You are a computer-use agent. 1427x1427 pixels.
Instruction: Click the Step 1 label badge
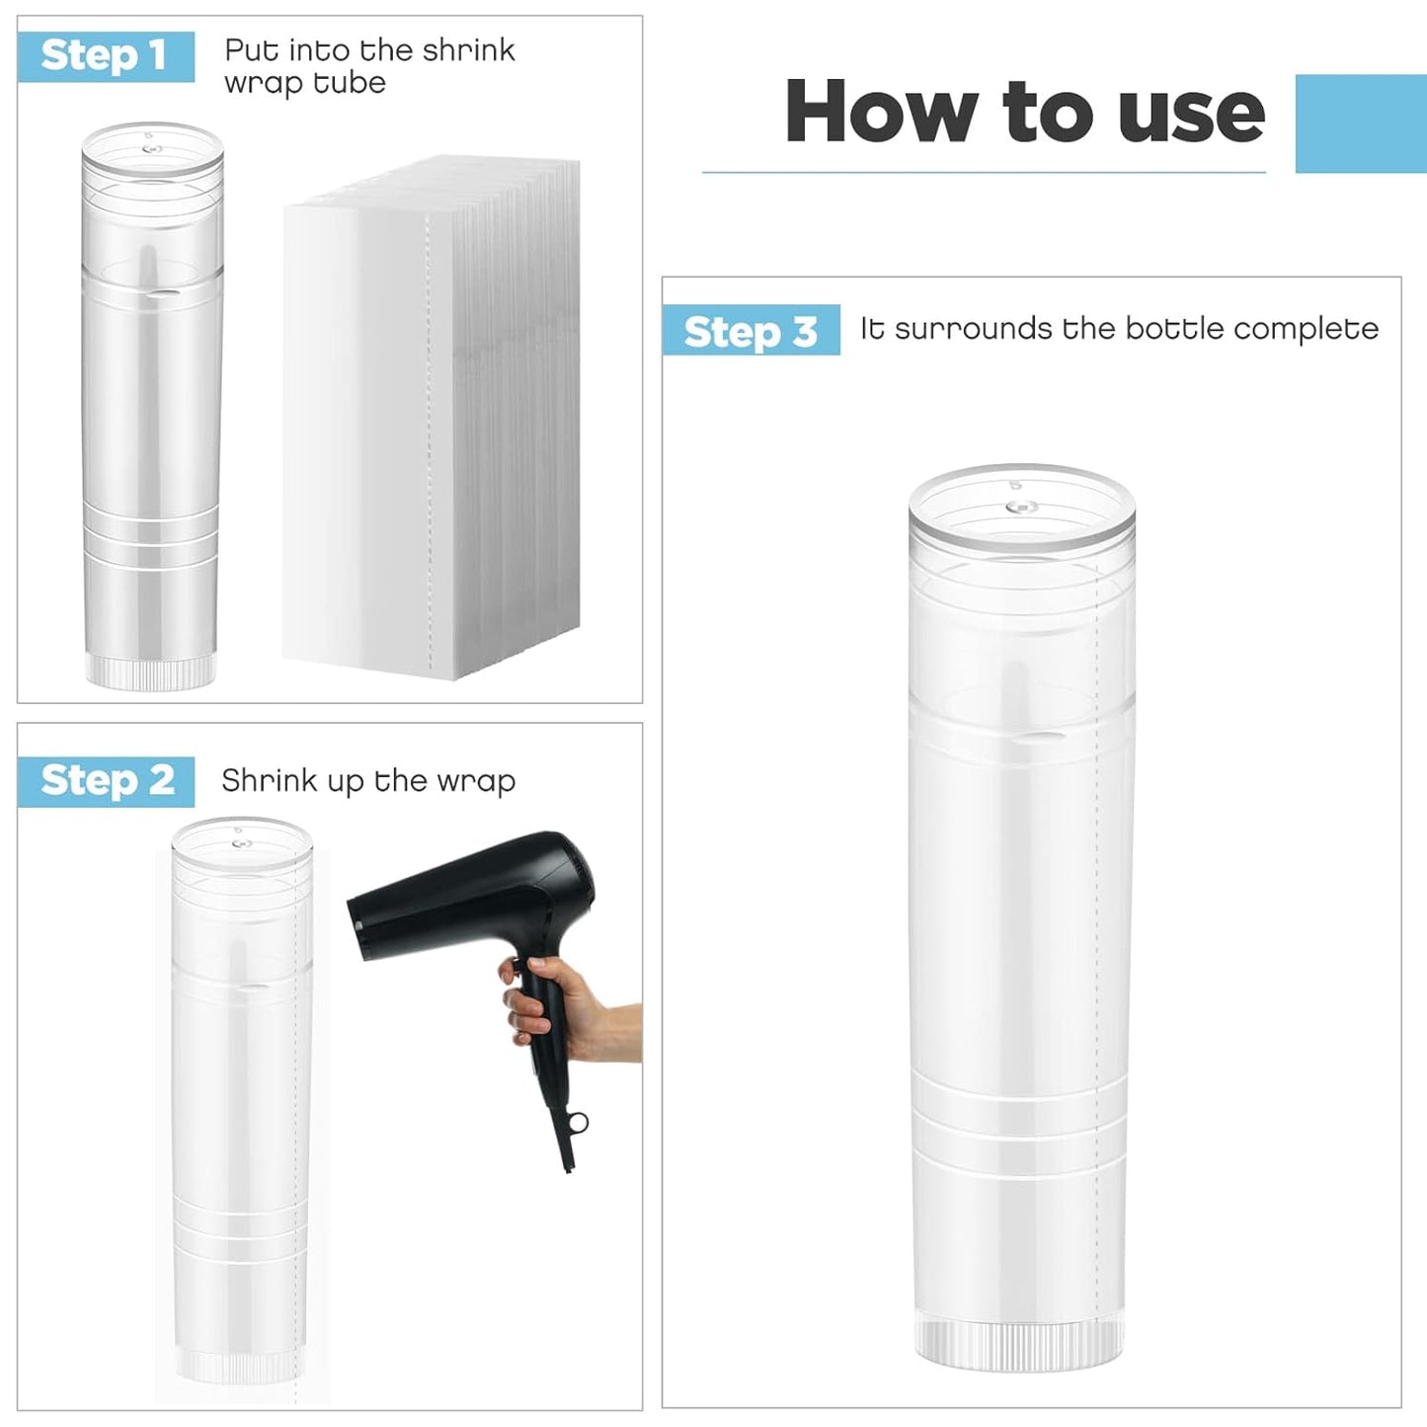tap(105, 55)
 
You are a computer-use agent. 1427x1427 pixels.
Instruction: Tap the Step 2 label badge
tap(107, 781)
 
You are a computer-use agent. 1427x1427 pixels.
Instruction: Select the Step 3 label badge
tap(751, 331)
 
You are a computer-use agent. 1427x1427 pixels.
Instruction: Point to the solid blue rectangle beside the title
tap(1360, 123)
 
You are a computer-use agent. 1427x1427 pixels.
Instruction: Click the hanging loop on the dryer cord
tap(577, 1124)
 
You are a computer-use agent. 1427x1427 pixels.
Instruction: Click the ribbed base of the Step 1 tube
tap(150, 669)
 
